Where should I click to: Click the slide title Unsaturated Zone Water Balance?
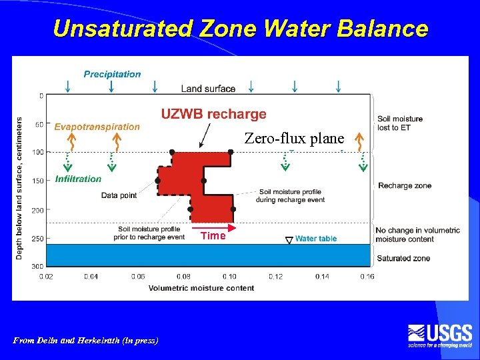pyautogui.click(x=240, y=29)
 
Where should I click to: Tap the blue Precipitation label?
pyautogui.click(x=112, y=74)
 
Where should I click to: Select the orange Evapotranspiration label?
pyautogui.click(x=97, y=127)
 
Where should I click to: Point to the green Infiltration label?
pyautogui.click(x=79, y=179)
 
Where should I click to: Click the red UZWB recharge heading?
pyautogui.click(x=213, y=115)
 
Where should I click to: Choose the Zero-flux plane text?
pyautogui.click(x=294, y=139)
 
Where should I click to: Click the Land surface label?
pyautogui.click(x=208, y=89)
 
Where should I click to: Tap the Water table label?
pyautogui.click(x=316, y=239)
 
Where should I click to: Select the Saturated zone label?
pyautogui.click(x=404, y=258)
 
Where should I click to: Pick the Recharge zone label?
pyautogui.click(x=405, y=185)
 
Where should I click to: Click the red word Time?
pyautogui.click(x=213, y=235)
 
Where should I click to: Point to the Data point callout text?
pyautogui.click(x=119, y=195)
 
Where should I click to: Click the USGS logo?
pyautogui.click(x=441, y=335)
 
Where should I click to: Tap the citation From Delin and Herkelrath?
pyautogui.click(x=86, y=340)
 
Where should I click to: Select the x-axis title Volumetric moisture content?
pyautogui.click(x=201, y=288)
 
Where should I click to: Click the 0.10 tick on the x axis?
pyautogui.click(x=229, y=276)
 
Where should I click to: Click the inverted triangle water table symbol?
pyautogui.click(x=289, y=239)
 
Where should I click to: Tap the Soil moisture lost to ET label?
pyautogui.click(x=400, y=123)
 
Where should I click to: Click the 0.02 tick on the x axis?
pyautogui.click(x=46, y=276)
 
